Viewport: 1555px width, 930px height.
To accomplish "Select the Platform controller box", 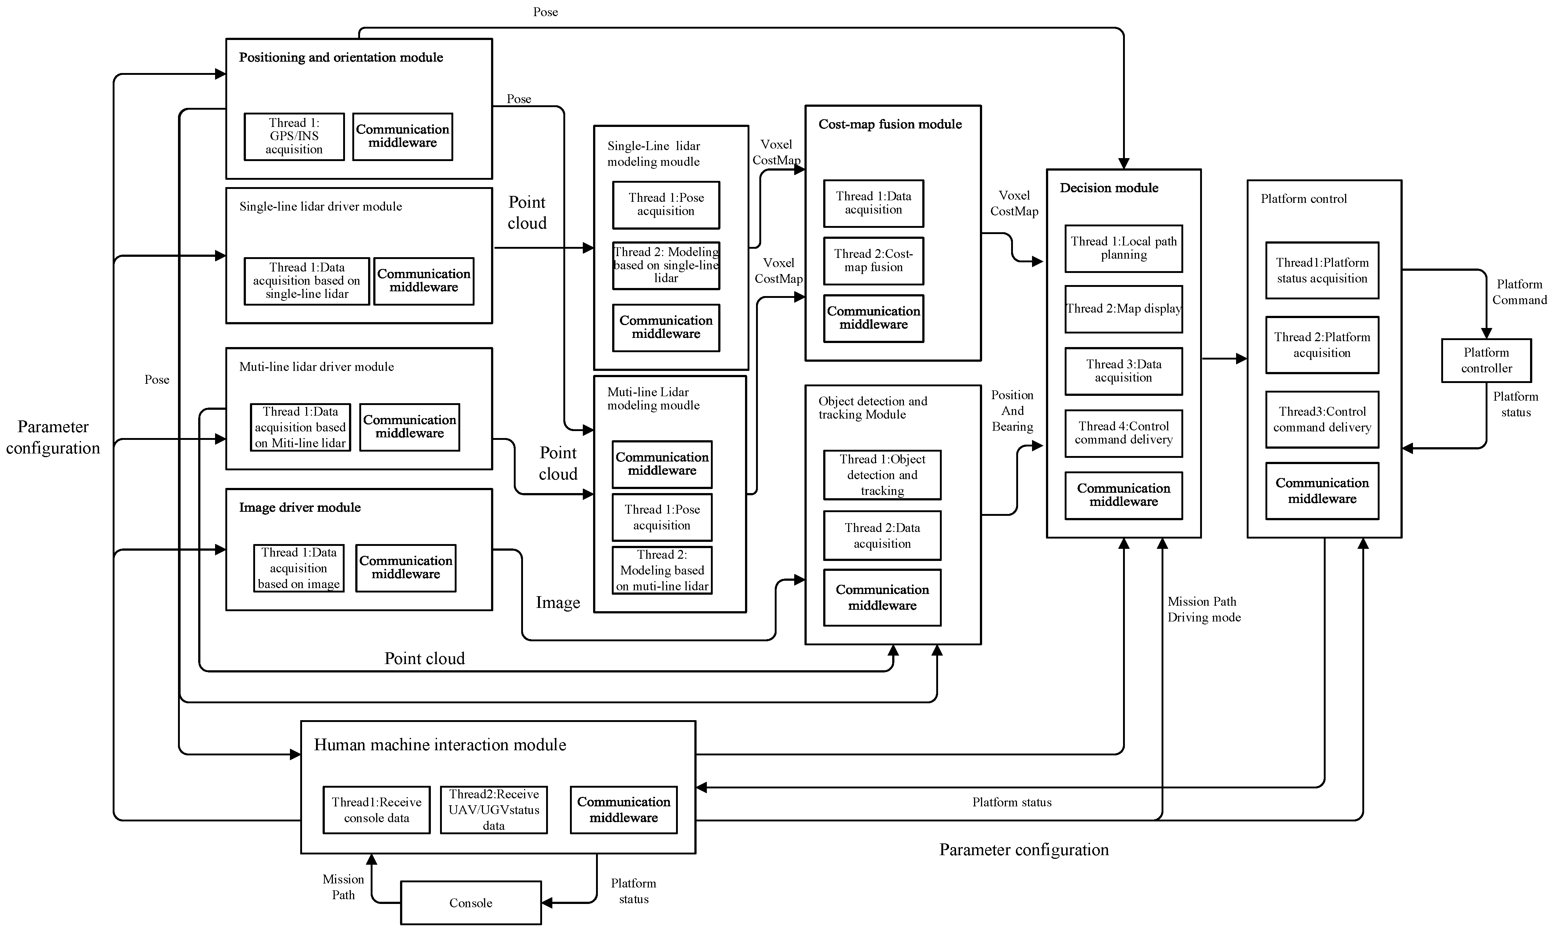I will [x=1486, y=360].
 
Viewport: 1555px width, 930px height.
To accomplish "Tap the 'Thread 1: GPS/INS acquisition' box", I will [x=294, y=136].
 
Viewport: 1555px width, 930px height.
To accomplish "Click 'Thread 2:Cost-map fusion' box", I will [x=873, y=261].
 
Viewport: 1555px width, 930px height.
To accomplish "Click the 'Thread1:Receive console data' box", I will [x=376, y=810].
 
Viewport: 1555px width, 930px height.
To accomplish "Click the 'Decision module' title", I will [x=1109, y=188].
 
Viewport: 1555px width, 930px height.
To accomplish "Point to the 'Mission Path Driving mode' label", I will [x=1203, y=609].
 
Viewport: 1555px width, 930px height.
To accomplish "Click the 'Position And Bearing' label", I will [x=1012, y=411].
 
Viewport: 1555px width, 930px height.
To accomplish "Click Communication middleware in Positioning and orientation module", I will [x=402, y=136].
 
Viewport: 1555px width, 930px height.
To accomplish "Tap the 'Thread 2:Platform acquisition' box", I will [x=1322, y=345].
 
